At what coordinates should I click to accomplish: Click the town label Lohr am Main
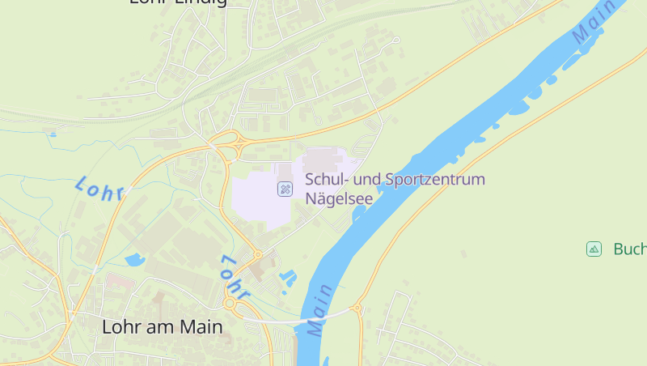coord(162,327)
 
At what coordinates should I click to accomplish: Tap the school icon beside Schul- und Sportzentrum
coord(285,189)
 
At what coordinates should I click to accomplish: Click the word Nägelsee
coord(340,198)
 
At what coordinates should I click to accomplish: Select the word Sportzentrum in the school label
coord(435,179)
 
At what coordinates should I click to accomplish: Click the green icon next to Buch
coord(594,249)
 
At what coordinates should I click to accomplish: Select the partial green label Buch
coord(629,249)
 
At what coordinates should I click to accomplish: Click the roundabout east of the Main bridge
coord(357,309)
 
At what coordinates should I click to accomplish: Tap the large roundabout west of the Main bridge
coord(230,304)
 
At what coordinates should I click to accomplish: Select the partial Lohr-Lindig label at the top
coord(178,3)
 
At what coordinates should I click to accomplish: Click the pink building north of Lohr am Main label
coord(118,282)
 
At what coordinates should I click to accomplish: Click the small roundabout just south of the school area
coord(258,254)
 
